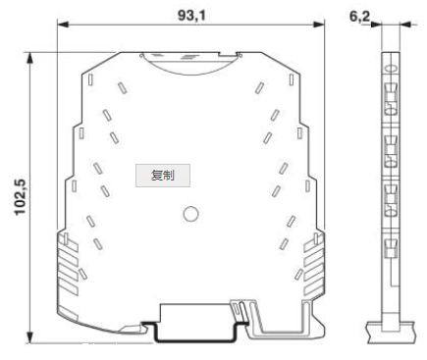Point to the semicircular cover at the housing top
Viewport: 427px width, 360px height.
click(x=191, y=61)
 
